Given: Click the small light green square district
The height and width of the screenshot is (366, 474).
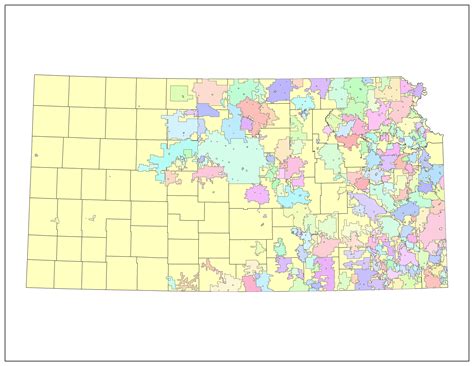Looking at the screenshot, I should tap(179, 94).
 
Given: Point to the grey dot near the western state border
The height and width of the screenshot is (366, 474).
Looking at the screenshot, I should tap(36, 156).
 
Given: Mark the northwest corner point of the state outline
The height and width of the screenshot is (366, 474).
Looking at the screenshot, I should tap(34, 74).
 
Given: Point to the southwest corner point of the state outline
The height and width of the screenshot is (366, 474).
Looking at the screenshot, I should tap(27, 286).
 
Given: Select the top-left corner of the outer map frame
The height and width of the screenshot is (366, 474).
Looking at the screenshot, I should tap(5, 5).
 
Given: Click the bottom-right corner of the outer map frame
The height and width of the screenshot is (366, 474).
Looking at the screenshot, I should tap(469, 360).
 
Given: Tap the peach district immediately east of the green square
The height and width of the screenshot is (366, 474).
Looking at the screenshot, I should tap(208, 93).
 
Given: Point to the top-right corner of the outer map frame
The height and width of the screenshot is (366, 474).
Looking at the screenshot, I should tap(469, 5).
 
